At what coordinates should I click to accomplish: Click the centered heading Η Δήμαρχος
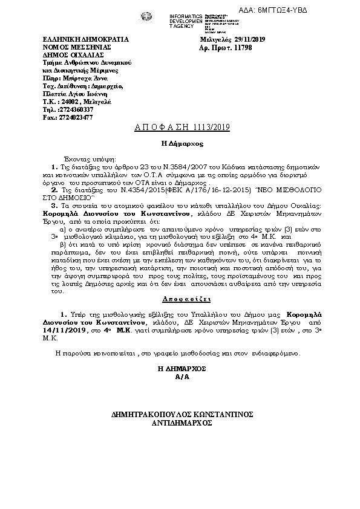tap(181, 144)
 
